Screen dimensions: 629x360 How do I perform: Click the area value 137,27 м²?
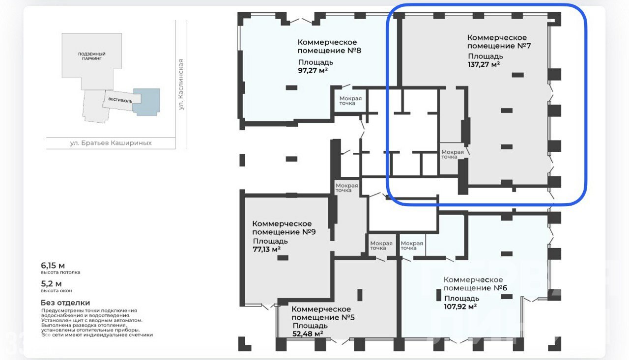(x=484, y=64)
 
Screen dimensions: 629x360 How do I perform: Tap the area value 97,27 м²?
(x=313, y=70)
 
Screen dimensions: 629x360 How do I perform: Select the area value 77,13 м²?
(x=266, y=249)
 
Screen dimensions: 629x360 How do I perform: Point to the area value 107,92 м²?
(x=460, y=306)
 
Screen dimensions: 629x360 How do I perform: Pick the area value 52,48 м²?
(x=308, y=333)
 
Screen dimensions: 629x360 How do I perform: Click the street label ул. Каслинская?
(x=181, y=84)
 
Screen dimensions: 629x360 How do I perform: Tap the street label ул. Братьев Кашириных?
(x=111, y=143)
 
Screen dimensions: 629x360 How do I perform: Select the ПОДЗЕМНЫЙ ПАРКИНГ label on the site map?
(x=91, y=56)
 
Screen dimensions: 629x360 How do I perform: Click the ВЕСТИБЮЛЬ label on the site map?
(x=120, y=100)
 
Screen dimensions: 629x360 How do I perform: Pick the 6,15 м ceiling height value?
(x=53, y=265)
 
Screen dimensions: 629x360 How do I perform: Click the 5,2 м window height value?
(x=51, y=284)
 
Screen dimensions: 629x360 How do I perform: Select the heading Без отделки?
(x=65, y=303)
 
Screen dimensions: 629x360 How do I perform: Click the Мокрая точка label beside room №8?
(x=350, y=101)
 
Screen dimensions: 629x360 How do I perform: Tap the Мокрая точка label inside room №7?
(x=453, y=154)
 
